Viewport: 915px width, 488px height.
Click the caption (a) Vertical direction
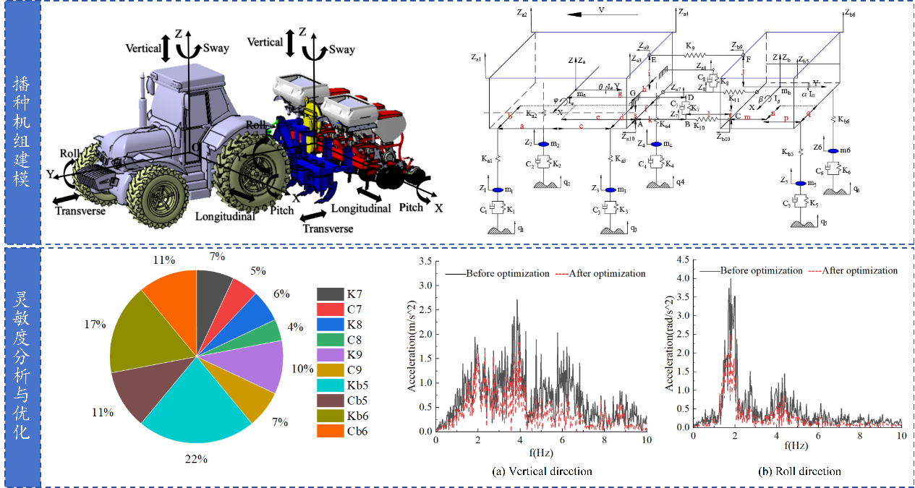541,471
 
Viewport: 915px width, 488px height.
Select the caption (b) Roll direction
799,471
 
